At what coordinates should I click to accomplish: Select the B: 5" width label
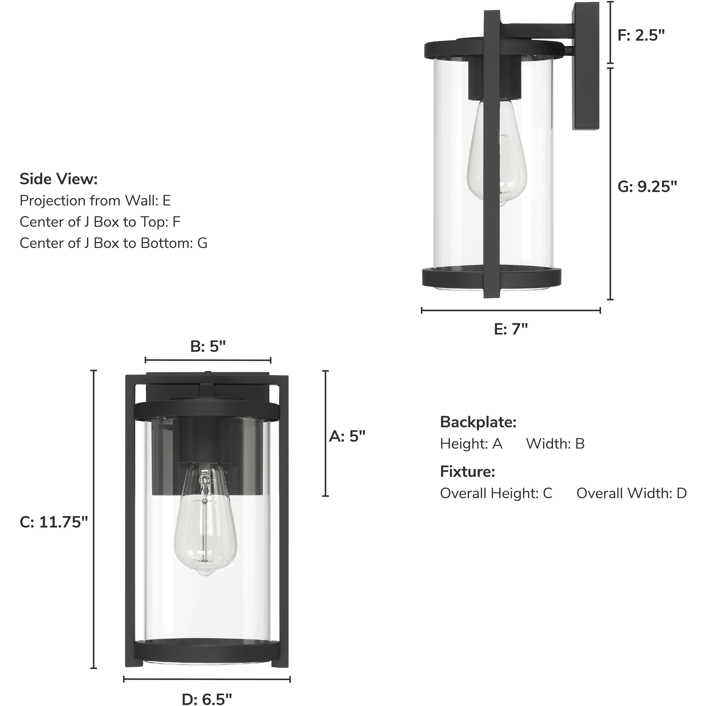pos(208,346)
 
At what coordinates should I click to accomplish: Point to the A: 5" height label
pos(347,436)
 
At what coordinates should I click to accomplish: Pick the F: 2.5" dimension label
pos(641,35)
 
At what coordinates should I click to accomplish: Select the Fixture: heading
pos(467,472)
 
